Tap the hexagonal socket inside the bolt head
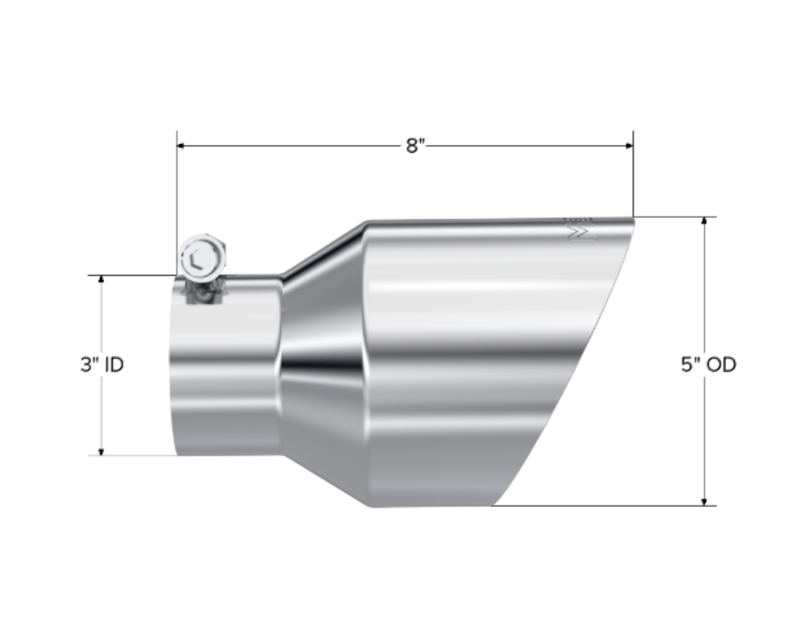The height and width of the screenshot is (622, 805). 198,259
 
